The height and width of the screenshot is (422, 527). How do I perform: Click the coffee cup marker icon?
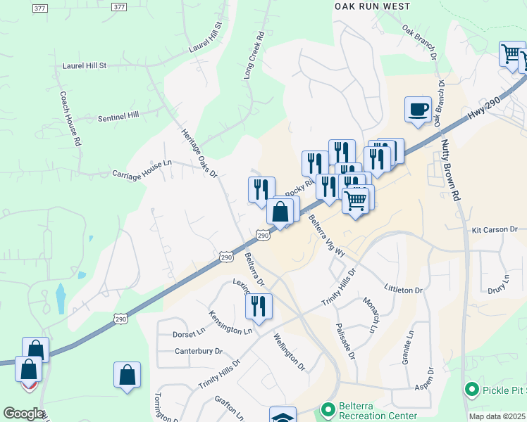[418, 109]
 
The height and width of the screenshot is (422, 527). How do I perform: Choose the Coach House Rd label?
[71, 118]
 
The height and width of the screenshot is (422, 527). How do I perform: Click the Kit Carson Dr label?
[495, 229]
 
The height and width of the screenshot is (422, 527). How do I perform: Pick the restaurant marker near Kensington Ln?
[259, 306]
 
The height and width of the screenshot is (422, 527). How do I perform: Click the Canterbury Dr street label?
[198, 350]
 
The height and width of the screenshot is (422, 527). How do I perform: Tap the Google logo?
[23, 414]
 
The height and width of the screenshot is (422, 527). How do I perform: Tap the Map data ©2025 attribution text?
[496, 416]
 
